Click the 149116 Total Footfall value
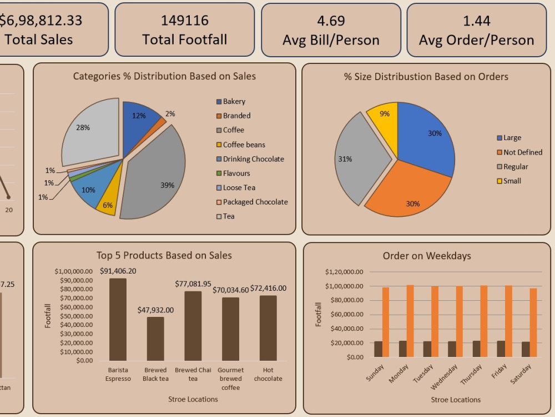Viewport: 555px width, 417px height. [x=184, y=21]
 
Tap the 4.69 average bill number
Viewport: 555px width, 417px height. [x=331, y=21]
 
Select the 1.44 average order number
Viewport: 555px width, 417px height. [x=476, y=21]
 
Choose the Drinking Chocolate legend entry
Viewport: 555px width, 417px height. [x=253, y=159]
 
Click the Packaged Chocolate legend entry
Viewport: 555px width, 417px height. [x=255, y=202]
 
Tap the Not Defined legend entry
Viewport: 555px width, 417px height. [x=522, y=152]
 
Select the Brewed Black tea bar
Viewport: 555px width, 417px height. [x=155, y=339]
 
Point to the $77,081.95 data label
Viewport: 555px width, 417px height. [x=193, y=284]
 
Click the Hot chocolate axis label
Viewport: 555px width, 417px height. [x=268, y=374]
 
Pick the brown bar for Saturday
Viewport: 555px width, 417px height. [x=526, y=349]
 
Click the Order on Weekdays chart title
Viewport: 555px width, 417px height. [x=426, y=256]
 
